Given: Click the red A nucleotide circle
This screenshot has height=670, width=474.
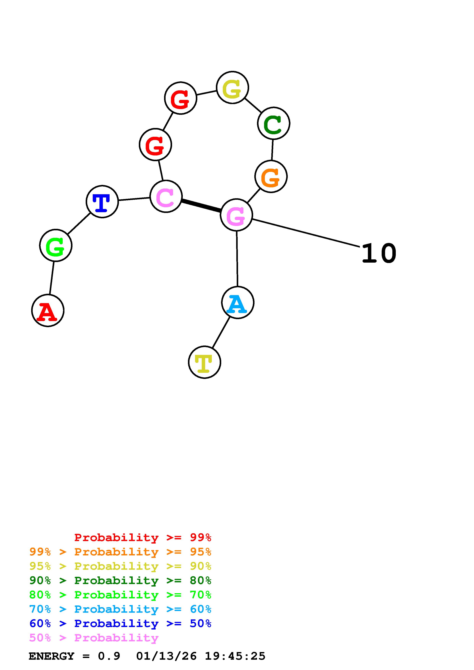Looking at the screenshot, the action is click(48, 311).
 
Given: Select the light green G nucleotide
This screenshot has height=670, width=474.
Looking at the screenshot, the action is click(55, 245).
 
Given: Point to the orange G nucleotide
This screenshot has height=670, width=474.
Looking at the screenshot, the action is click(271, 176).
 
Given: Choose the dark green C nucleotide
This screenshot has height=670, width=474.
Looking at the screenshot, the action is click(273, 123).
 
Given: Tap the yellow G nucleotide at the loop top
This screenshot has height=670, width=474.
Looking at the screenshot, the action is click(232, 87).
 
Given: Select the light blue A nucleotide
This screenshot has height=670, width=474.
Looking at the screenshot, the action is click(238, 303).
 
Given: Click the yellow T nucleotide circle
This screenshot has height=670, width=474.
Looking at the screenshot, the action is click(204, 362).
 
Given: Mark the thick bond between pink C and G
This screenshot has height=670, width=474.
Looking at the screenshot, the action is click(201, 206).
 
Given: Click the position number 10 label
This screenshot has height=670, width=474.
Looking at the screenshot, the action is click(379, 254).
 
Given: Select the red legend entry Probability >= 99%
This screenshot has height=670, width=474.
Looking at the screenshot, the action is click(142, 537).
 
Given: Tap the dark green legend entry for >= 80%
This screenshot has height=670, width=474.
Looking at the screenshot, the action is click(120, 581).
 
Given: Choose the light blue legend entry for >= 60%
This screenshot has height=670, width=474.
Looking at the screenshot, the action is click(120, 609).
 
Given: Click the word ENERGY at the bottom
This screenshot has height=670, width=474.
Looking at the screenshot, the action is click(51, 656).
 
